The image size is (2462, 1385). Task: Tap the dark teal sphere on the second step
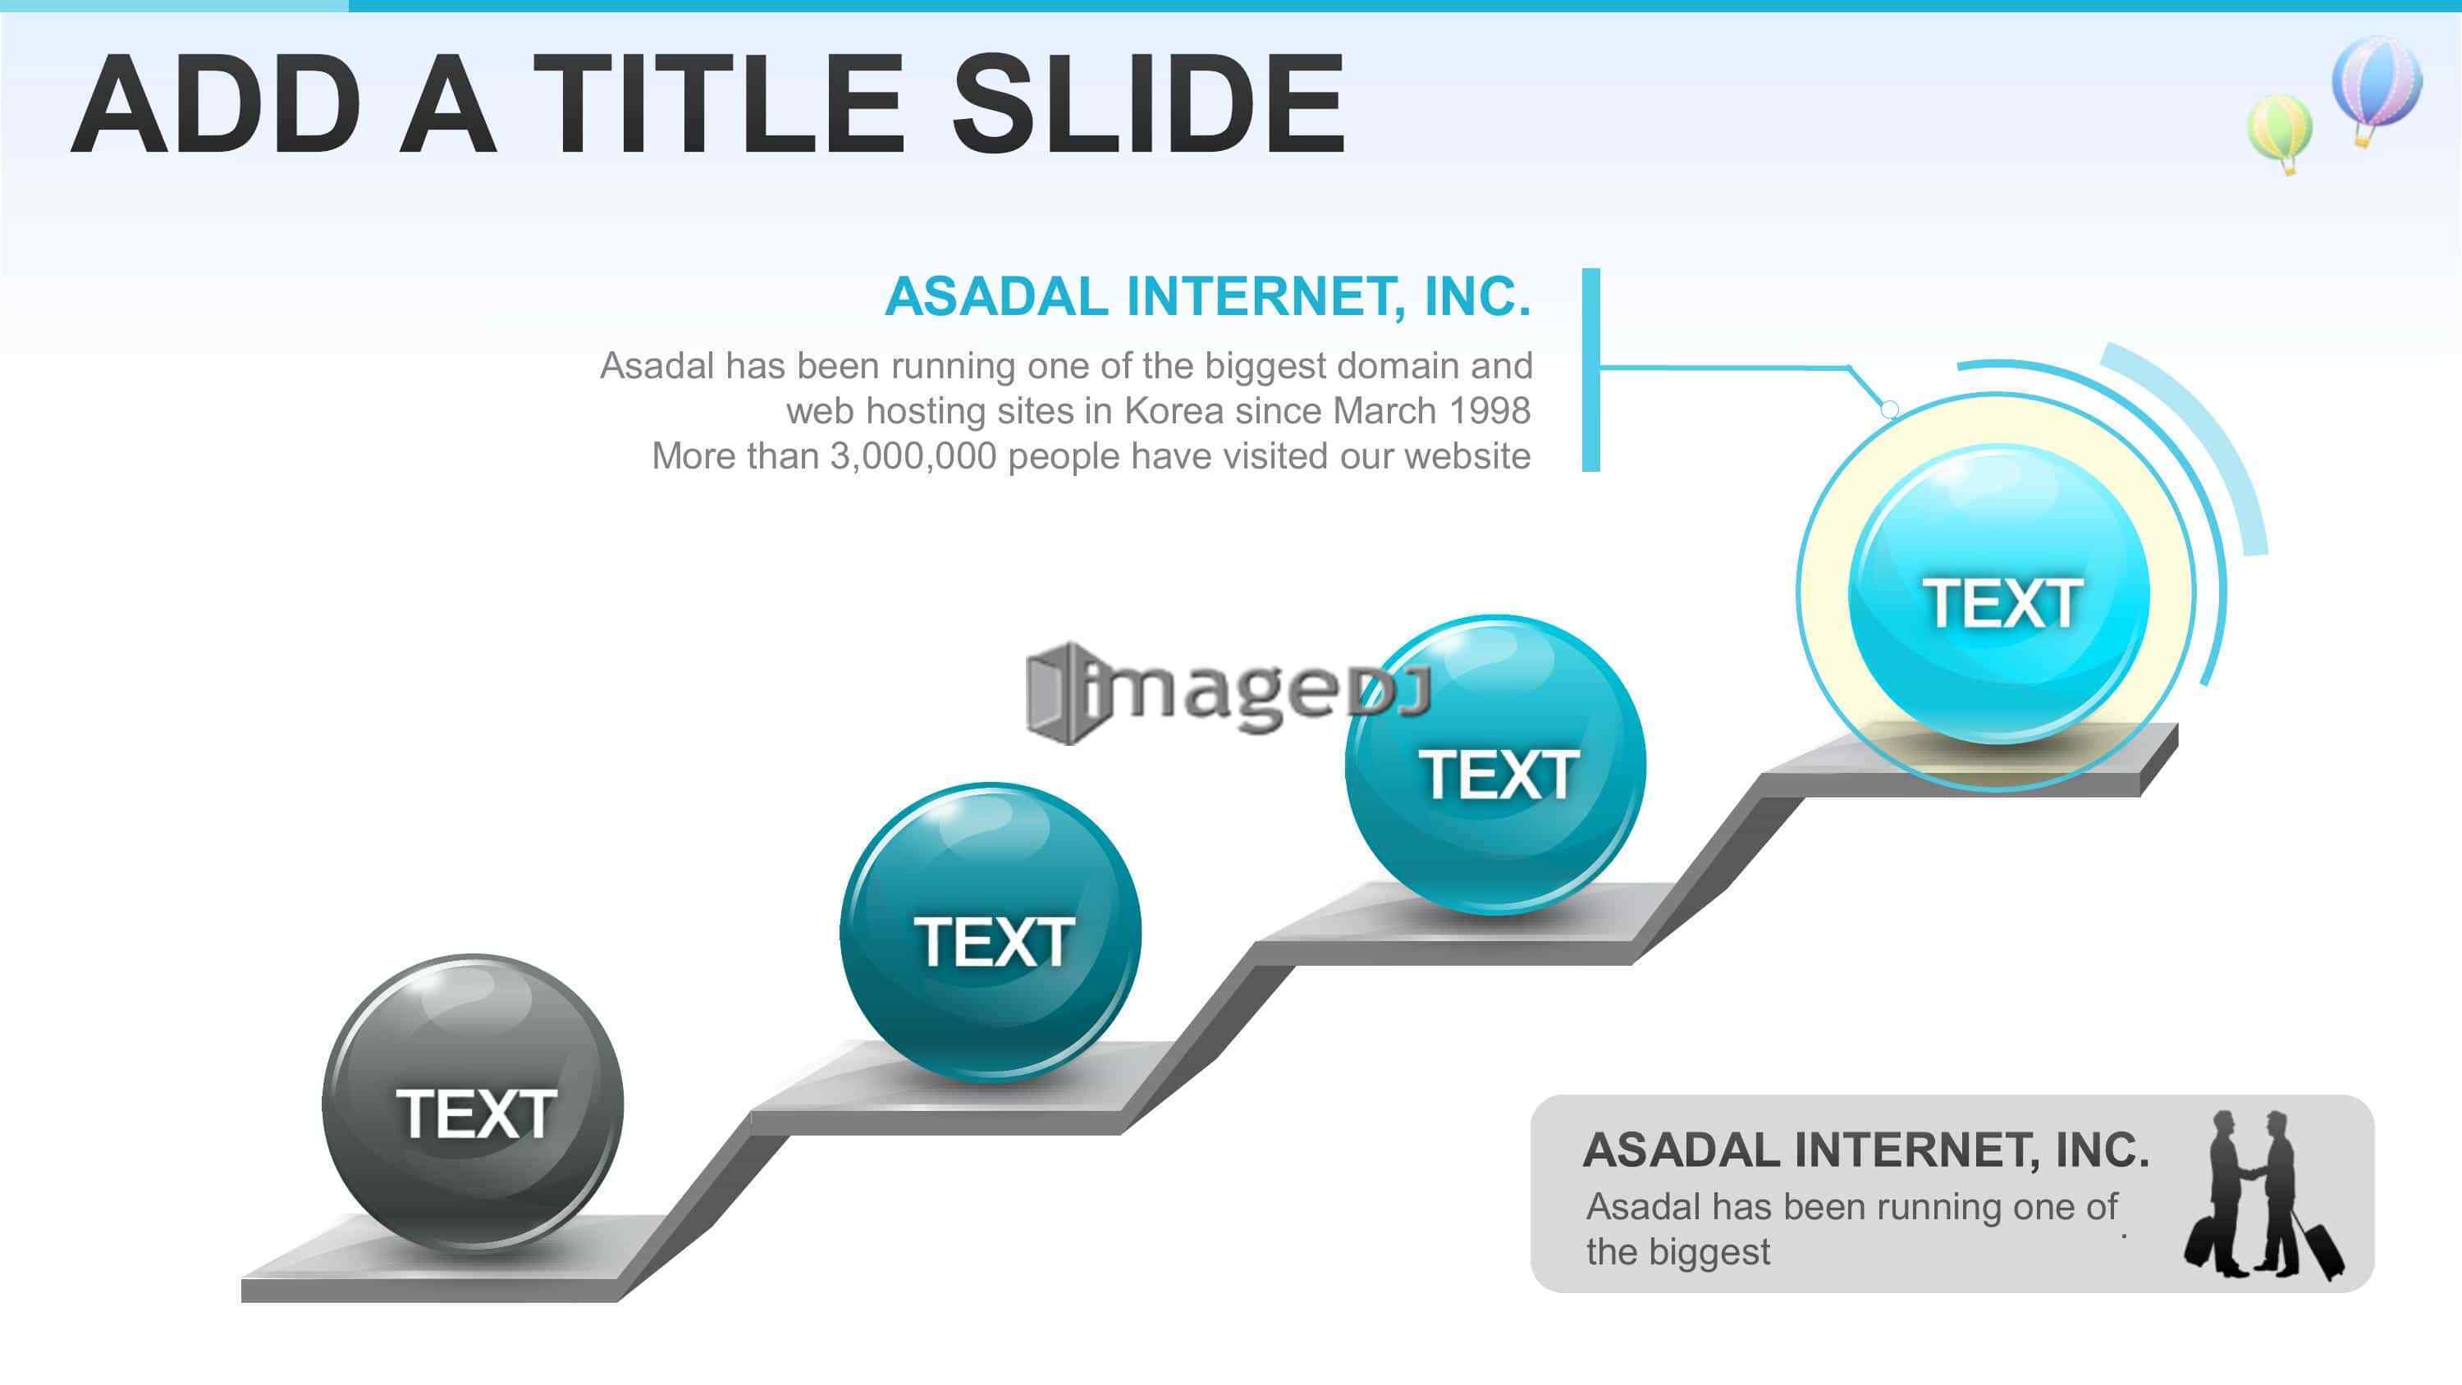coord(991,932)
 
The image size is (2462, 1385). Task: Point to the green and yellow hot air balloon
coord(2281,133)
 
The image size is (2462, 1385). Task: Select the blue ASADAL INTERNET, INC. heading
coord(1207,296)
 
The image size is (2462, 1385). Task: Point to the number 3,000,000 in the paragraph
coord(913,457)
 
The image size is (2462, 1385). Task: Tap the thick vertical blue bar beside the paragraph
coord(1590,370)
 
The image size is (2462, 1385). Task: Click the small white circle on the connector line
coord(1889,409)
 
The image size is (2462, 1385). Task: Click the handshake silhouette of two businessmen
coord(2263,1195)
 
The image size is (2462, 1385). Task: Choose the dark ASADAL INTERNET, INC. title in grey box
coord(1865,1150)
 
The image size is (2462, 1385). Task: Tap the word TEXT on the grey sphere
coord(476,1113)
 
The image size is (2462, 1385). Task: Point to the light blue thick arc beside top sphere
coord(2207,429)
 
